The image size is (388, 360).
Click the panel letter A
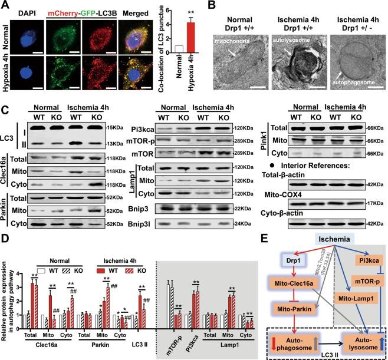(5, 5)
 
